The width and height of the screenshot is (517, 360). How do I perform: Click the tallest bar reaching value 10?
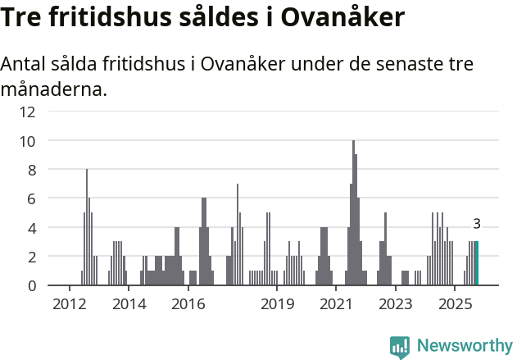pyautogui.click(x=353, y=213)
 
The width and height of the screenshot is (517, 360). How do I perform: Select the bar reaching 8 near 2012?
pyautogui.click(x=87, y=227)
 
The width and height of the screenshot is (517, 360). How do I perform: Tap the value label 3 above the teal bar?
pyautogui.click(x=477, y=224)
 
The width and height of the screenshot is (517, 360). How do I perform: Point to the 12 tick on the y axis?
pyautogui.click(x=28, y=112)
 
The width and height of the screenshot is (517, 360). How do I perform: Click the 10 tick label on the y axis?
pyautogui.click(x=28, y=141)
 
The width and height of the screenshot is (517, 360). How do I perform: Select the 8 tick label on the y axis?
pyautogui.click(x=30, y=170)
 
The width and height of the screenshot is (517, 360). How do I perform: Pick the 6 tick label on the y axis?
pyautogui.click(x=30, y=198)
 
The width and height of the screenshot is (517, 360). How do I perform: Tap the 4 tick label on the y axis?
pyautogui.click(x=30, y=227)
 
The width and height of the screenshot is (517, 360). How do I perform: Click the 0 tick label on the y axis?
pyautogui.click(x=30, y=285)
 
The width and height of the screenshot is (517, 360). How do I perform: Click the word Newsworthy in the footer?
pyautogui.click(x=464, y=345)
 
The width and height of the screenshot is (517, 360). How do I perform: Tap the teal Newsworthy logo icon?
pyautogui.click(x=400, y=346)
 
